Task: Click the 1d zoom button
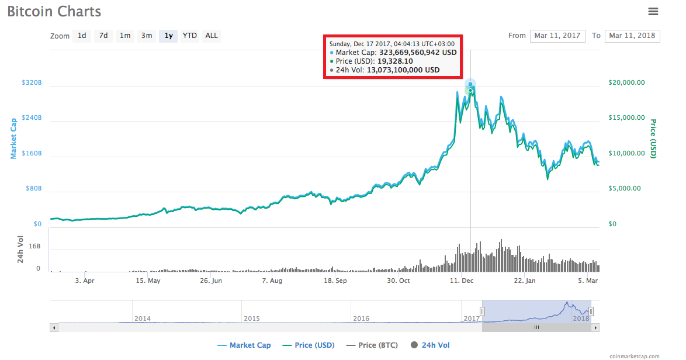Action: click(x=82, y=36)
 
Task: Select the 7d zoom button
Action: click(x=103, y=36)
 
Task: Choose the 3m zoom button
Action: click(x=146, y=36)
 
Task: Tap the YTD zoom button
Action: click(x=189, y=36)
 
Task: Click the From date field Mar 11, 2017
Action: click(x=557, y=36)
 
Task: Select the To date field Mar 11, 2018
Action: click(x=632, y=36)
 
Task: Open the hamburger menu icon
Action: click(x=653, y=11)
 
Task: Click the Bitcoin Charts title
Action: click(x=54, y=12)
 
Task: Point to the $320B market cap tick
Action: click(x=32, y=83)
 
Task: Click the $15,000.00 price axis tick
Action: click(x=622, y=118)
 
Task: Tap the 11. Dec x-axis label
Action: click(x=462, y=281)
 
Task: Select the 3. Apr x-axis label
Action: click(x=85, y=281)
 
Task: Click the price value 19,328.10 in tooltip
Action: click(x=395, y=61)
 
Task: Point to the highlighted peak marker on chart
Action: click(x=470, y=85)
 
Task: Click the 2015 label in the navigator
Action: click(x=252, y=319)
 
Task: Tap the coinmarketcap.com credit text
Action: click(x=634, y=356)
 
